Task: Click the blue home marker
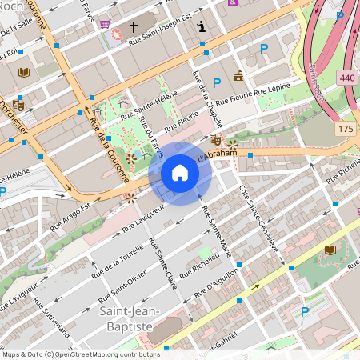(180, 173)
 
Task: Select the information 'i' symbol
(202, 26)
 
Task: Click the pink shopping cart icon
(105, 24)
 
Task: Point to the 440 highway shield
(346, 78)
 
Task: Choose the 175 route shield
(346, 129)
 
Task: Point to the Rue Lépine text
(274, 88)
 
